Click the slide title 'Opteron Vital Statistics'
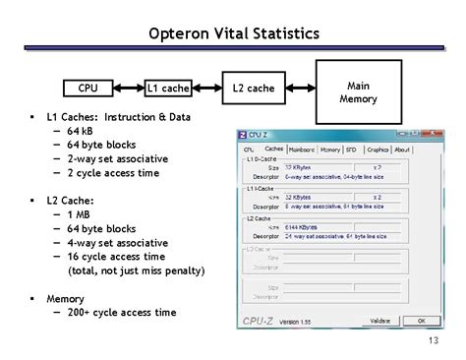point(233,34)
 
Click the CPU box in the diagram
point(87,89)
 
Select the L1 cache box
point(168,89)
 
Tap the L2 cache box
point(253,89)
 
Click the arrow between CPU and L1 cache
point(127,89)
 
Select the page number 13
point(432,341)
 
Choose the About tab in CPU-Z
point(401,150)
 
